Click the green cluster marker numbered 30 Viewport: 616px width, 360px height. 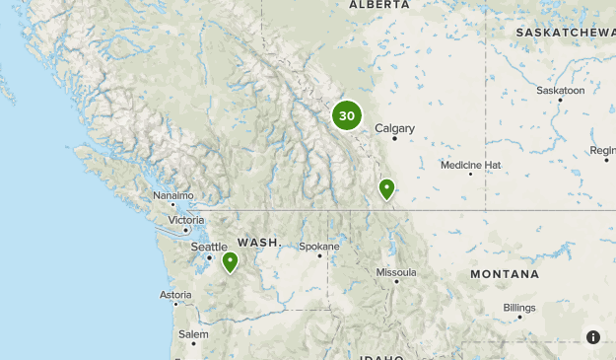click(347, 115)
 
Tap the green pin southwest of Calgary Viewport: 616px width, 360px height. click(387, 187)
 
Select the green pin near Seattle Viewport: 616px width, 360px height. click(230, 261)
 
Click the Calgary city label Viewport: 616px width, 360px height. click(394, 127)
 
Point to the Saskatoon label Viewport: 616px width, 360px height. click(560, 90)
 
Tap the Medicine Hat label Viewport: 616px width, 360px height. click(470, 165)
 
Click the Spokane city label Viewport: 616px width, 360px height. click(319, 246)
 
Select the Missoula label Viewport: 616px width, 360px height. click(396, 272)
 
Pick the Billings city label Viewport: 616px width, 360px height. click(519, 308)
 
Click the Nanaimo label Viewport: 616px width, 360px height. click(173, 195)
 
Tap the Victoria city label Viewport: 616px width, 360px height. click(186, 219)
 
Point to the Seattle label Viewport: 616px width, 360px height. click(209, 247)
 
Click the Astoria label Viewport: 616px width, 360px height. click(175, 294)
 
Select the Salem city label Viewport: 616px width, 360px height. click(193, 334)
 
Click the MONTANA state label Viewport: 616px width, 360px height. click(504, 273)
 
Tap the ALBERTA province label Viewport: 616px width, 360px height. click(378, 5)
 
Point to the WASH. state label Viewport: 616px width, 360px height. click(258, 242)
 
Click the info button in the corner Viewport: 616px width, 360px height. click(593, 337)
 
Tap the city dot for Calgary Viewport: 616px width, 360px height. click(394, 138)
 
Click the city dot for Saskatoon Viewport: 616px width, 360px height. click(560, 101)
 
